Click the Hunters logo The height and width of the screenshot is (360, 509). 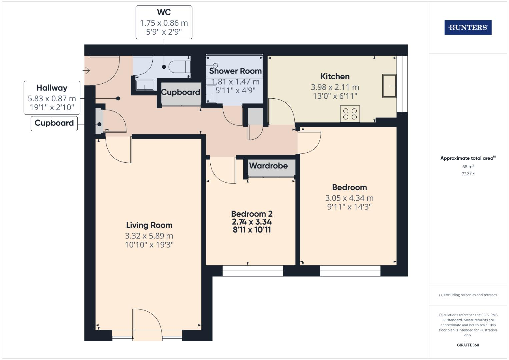[x=468, y=28]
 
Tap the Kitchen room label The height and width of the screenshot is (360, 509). [x=335, y=76]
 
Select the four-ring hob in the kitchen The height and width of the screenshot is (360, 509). [x=350, y=114]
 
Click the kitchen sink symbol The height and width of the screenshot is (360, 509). [x=389, y=86]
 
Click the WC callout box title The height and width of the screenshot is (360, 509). [x=164, y=13]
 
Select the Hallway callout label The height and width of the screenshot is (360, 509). [x=52, y=88]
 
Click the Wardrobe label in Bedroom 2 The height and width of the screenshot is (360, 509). [x=268, y=166]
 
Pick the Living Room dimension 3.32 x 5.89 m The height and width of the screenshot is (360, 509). [x=149, y=236]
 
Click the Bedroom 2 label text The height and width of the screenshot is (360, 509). [x=252, y=214]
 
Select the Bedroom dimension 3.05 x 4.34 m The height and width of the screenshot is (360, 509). [x=349, y=198]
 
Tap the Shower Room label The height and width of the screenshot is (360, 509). [x=235, y=71]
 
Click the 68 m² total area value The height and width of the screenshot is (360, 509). [x=468, y=166]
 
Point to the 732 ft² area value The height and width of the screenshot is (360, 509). [x=468, y=174]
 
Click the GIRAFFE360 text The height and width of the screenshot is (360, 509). [x=468, y=345]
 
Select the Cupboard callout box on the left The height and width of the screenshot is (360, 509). [x=54, y=123]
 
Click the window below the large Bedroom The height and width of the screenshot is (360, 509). [x=350, y=271]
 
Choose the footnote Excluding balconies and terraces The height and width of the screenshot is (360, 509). [x=468, y=295]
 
